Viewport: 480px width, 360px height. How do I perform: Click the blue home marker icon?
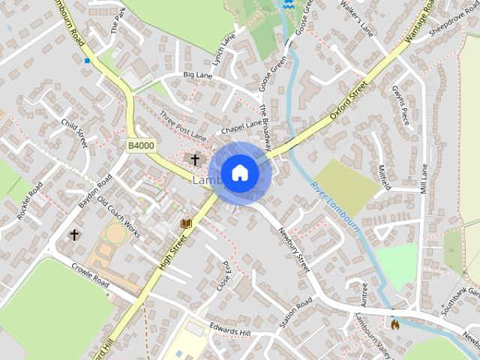tap(239, 173)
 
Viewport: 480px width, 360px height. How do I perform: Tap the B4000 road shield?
tap(141, 145)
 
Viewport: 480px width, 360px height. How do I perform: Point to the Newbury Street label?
tap(293, 250)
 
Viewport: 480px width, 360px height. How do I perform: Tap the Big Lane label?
tap(198, 75)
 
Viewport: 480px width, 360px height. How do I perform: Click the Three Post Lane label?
tap(182, 125)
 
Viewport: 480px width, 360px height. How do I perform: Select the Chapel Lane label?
tap(241, 124)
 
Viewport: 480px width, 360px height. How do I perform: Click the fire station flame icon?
tap(394, 324)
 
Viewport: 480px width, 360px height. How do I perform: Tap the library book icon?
tap(187, 223)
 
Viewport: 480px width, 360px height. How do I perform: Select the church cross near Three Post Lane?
tap(195, 159)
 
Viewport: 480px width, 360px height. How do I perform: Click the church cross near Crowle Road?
tap(74, 235)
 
